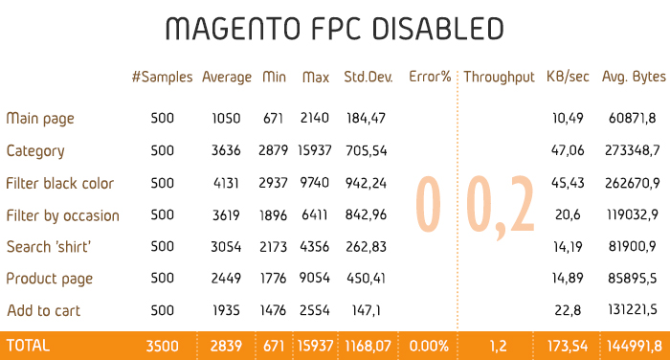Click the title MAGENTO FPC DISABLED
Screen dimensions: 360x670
coord(334,29)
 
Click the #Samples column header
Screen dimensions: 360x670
coord(162,77)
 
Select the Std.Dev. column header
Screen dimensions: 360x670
coord(365,77)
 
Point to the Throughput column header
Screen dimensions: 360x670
coord(499,77)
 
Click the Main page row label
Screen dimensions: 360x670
coord(40,119)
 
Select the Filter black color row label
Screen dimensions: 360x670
coord(60,183)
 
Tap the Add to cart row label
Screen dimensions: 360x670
coord(43,311)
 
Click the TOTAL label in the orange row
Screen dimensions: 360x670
coord(28,344)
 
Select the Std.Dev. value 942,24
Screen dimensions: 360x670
coord(365,183)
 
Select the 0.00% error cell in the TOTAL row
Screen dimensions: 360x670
coord(429,344)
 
